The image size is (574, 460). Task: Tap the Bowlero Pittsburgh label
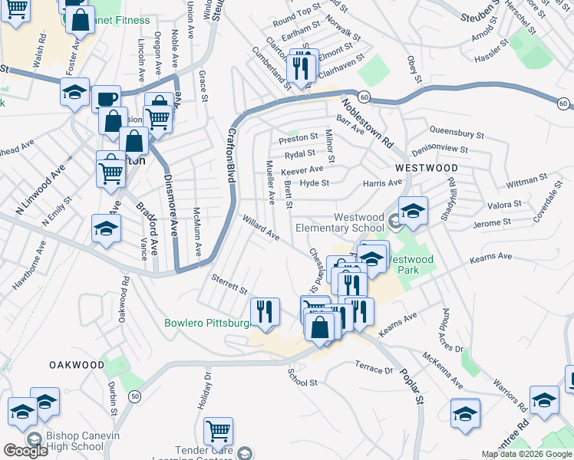coord(209,323)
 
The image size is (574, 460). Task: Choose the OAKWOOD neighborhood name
coord(77,364)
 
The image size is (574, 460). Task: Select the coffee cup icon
coord(106,99)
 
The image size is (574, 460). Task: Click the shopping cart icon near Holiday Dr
coord(219,431)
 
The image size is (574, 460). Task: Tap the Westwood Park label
coord(410,259)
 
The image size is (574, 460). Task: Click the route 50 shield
coord(135,396)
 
